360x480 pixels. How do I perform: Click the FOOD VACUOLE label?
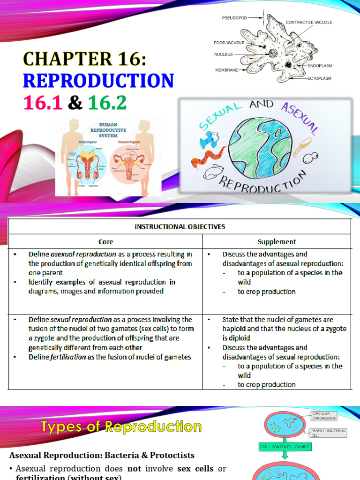pos(229,43)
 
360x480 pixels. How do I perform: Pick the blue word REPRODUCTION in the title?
pos(98,81)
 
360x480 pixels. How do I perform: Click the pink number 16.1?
pos(42,103)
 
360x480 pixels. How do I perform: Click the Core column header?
pos(105,242)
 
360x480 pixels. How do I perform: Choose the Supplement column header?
pos(277,242)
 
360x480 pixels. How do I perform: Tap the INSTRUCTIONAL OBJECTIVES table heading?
pos(180,226)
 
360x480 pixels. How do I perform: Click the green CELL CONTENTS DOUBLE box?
pos(285,447)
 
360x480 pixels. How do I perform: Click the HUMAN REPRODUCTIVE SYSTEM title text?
pos(108,130)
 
